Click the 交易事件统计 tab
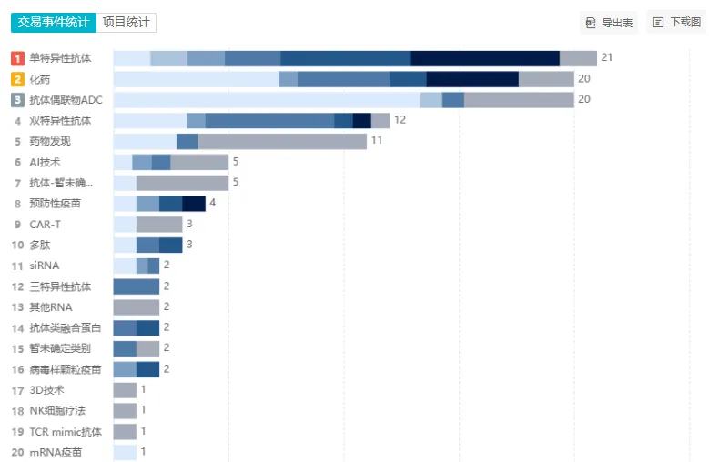coord(53,22)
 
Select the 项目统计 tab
coord(127,22)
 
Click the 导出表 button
coord(610,22)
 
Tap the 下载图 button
coord(676,22)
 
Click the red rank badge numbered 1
coord(17,58)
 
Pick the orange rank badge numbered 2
coord(17,79)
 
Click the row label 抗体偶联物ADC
coord(66,100)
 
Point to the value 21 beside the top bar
coord(607,58)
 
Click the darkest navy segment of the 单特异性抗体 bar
coord(485,58)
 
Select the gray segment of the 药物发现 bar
coord(282,141)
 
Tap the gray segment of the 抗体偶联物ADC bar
coord(519,100)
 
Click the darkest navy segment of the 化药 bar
coord(472,79)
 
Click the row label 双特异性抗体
coord(60,121)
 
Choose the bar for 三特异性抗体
coord(137,286)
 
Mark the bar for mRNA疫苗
coord(125,452)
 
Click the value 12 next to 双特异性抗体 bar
coord(400,121)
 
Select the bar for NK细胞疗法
coord(125,410)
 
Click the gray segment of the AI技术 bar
coord(199,162)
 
